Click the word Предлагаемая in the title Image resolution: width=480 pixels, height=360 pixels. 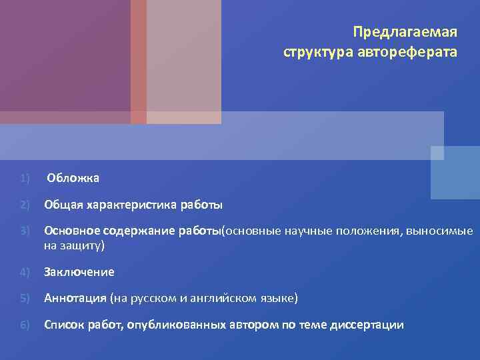pyautogui.click(x=405, y=33)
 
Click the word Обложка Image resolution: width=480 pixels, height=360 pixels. pyautogui.click(x=73, y=178)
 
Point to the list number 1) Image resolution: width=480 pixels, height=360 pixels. pyautogui.click(x=25, y=178)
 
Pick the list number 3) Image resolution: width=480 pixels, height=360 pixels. pyautogui.click(x=25, y=231)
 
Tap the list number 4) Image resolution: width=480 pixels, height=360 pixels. pyautogui.click(x=25, y=272)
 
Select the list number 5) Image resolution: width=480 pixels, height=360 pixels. pyautogui.click(x=25, y=298)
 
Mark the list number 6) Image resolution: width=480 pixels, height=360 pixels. pyautogui.click(x=25, y=325)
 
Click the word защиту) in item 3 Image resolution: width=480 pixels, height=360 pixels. pyautogui.click(x=83, y=245)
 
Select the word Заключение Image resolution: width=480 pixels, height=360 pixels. pyautogui.click(x=79, y=272)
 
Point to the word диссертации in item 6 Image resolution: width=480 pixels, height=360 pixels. pyautogui.click(x=370, y=325)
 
